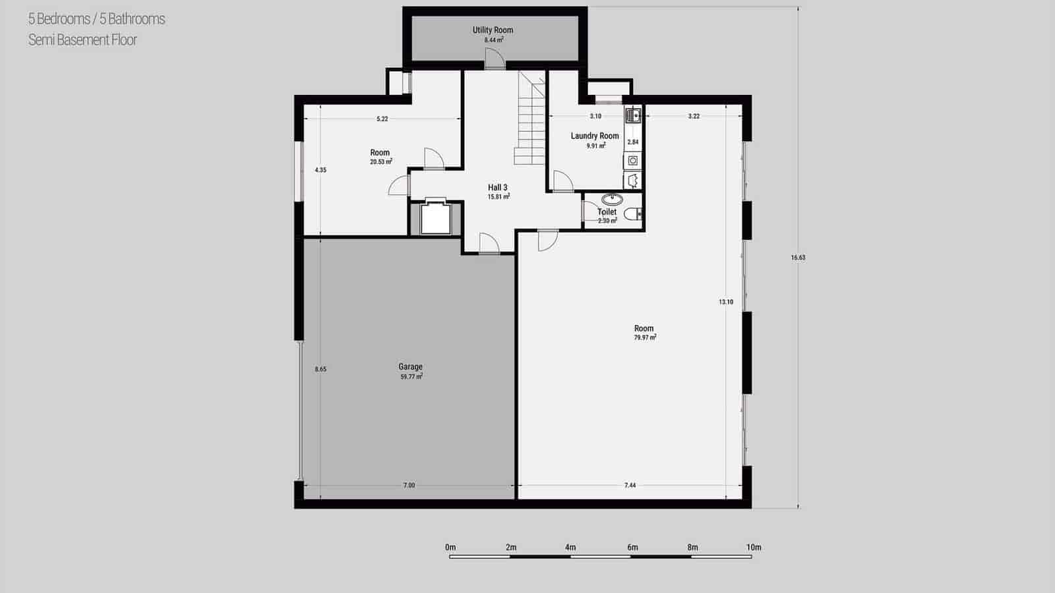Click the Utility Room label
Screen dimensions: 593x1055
pyautogui.click(x=493, y=30)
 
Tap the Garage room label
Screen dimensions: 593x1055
pyautogui.click(x=410, y=367)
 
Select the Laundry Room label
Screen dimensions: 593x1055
pyautogui.click(x=595, y=136)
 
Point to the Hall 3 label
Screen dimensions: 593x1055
pyautogui.click(x=498, y=188)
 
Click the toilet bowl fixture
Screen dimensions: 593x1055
pyautogui.click(x=632, y=213)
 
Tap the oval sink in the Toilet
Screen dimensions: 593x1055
pyautogui.click(x=612, y=199)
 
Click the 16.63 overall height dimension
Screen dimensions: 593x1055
pyautogui.click(x=798, y=258)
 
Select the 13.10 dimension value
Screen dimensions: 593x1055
pyautogui.click(x=726, y=302)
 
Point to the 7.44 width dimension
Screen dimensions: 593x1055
pyautogui.click(x=630, y=486)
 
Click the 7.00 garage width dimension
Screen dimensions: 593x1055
pyautogui.click(x=409, y=486)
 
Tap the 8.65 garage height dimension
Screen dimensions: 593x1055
pyautogui.click(x=320, y=370)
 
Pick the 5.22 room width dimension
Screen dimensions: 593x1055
pyautogui.click(x=382, y=119)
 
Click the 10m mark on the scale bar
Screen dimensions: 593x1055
pyautogui.click(x=754, y=548)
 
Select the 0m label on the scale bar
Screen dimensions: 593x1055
pyautogui.click(x=450, y=548)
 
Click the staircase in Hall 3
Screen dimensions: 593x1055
pyautogui.click(x=531, y=119)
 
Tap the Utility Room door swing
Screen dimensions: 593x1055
pyautogui.click(x=494, y=61)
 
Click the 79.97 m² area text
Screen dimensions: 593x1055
pyautogui.click(x=645, y=337)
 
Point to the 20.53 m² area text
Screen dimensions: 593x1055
pyautogui.click(x=381, y=161)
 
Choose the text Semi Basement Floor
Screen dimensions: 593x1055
pyautogui.click(x=82, y=40)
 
